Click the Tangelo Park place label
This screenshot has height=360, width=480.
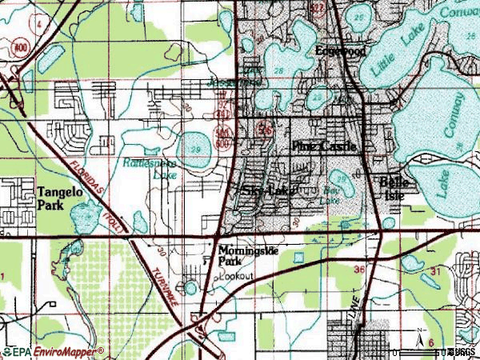pos(56,198)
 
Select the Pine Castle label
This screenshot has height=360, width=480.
pos(323,147)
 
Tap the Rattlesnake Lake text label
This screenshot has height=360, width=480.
pos(151,166)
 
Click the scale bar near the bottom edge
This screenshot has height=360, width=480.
pos(424,351)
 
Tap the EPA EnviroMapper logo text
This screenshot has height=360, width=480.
pos(53,352)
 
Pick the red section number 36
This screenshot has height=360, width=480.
pos(359,270)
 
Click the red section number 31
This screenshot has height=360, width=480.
pos(434,272)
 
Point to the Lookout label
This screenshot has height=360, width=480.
pos(238,275)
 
